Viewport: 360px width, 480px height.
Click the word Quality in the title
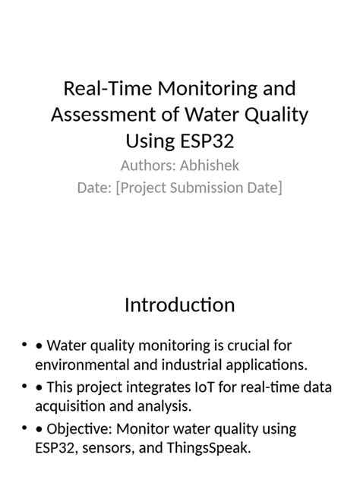pos(276,115)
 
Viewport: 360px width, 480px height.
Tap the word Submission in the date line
pos(209,187)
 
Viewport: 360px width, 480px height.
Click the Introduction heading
pos(179,305)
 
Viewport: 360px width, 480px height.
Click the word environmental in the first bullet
pos(77,364)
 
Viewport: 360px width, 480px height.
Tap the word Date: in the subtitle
pos(95,187)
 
